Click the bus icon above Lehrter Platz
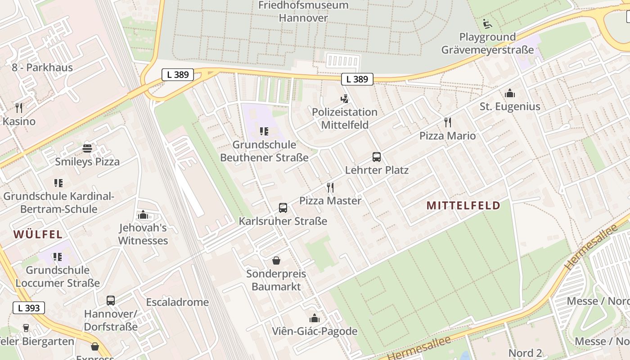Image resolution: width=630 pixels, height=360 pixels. coord(377,157)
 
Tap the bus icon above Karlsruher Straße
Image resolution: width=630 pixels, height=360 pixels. coord(283,208)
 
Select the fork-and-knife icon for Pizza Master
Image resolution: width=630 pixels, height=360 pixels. coord(330,187)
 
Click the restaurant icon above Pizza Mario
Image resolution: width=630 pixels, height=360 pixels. coord(447,122)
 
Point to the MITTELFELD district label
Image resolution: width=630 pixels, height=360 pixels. coord(463,206)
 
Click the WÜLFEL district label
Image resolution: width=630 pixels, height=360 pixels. coord(38,234)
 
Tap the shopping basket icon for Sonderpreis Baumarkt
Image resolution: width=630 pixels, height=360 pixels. coord(276,261)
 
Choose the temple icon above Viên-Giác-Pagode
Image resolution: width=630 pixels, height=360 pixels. coord(315,318)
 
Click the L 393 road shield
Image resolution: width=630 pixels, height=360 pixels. coord(29,308)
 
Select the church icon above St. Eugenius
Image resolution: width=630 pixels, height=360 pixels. coord(510,93)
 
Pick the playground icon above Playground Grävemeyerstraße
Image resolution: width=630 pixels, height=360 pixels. coord(487,23)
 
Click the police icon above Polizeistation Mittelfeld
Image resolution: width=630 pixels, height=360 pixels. coord(345,99)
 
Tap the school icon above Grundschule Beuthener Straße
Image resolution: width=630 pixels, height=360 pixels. coord(264,131)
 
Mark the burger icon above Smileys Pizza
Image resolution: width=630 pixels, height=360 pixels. coord(87,148)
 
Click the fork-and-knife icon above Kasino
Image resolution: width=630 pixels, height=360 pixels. coord(18,108)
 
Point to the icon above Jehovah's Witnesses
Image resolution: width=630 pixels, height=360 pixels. coord(143,215)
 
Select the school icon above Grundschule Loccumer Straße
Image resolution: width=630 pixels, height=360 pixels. coord(57,257)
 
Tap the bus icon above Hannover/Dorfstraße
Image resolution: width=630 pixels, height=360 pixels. coord(110,300)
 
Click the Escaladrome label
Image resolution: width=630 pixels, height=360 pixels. coord(177,302)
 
